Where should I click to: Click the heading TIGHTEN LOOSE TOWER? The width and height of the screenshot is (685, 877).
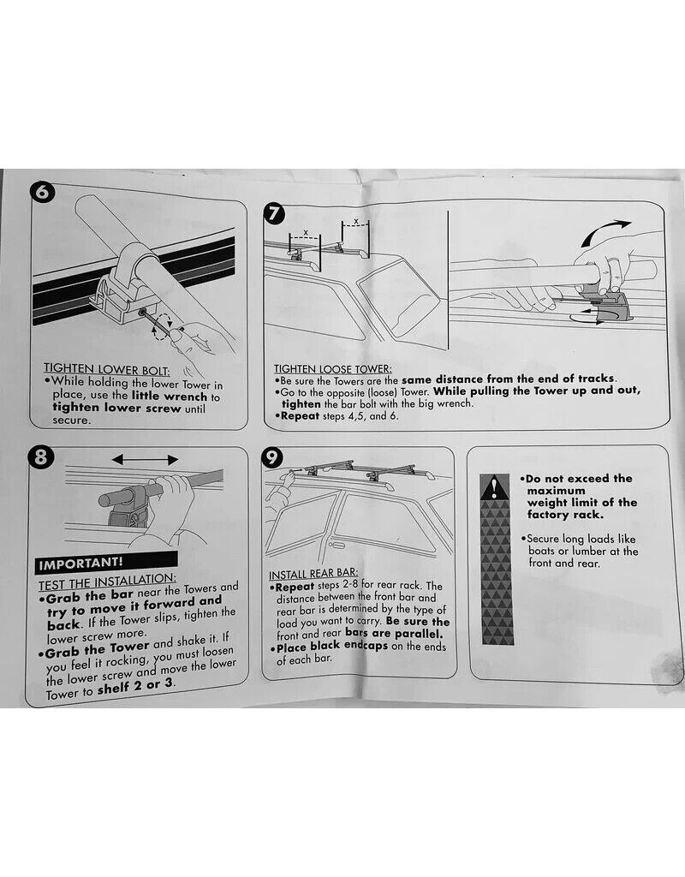pos(332,367)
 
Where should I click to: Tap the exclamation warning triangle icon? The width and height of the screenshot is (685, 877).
pos(495,488)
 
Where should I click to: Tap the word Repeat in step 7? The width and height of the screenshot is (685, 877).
pos(300,416)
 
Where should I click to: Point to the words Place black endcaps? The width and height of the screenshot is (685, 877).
pos(333,647)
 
